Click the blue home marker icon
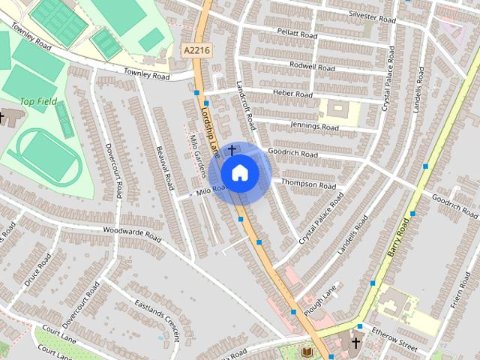pos(239,173)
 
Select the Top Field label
pos(37,101)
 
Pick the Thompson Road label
pos(308,184)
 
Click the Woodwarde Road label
pos(132,233)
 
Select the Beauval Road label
pos(166,171)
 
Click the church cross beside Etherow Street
pos(355,343)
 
